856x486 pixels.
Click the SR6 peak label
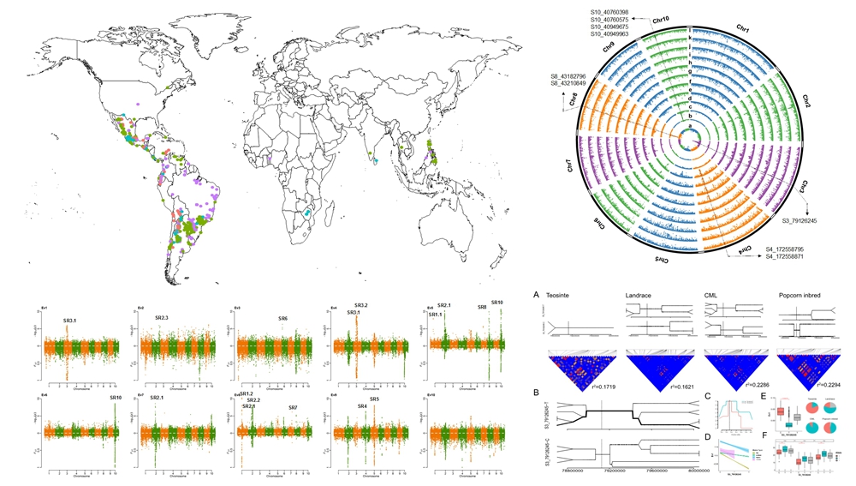coord(282,318)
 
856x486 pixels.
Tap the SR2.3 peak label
coord(163,318)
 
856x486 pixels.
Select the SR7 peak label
coord(293,407)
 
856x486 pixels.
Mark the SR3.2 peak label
coord(360,305)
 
